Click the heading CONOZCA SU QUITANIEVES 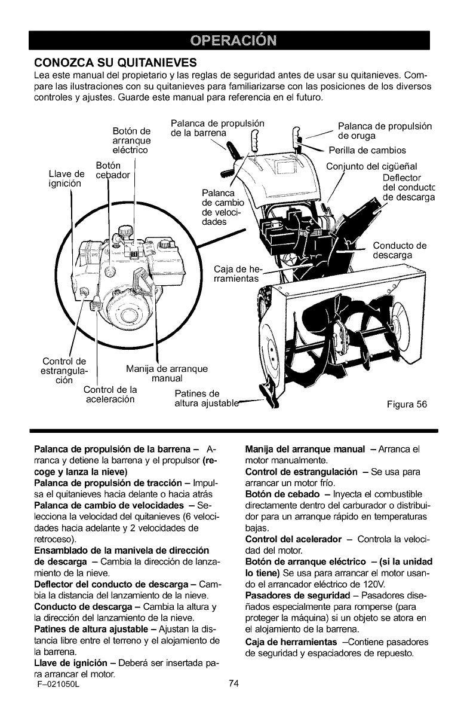(112, 62)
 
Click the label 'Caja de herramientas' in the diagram (237, 273)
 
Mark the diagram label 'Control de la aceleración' (111, 395)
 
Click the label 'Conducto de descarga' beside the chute (399, 250)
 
